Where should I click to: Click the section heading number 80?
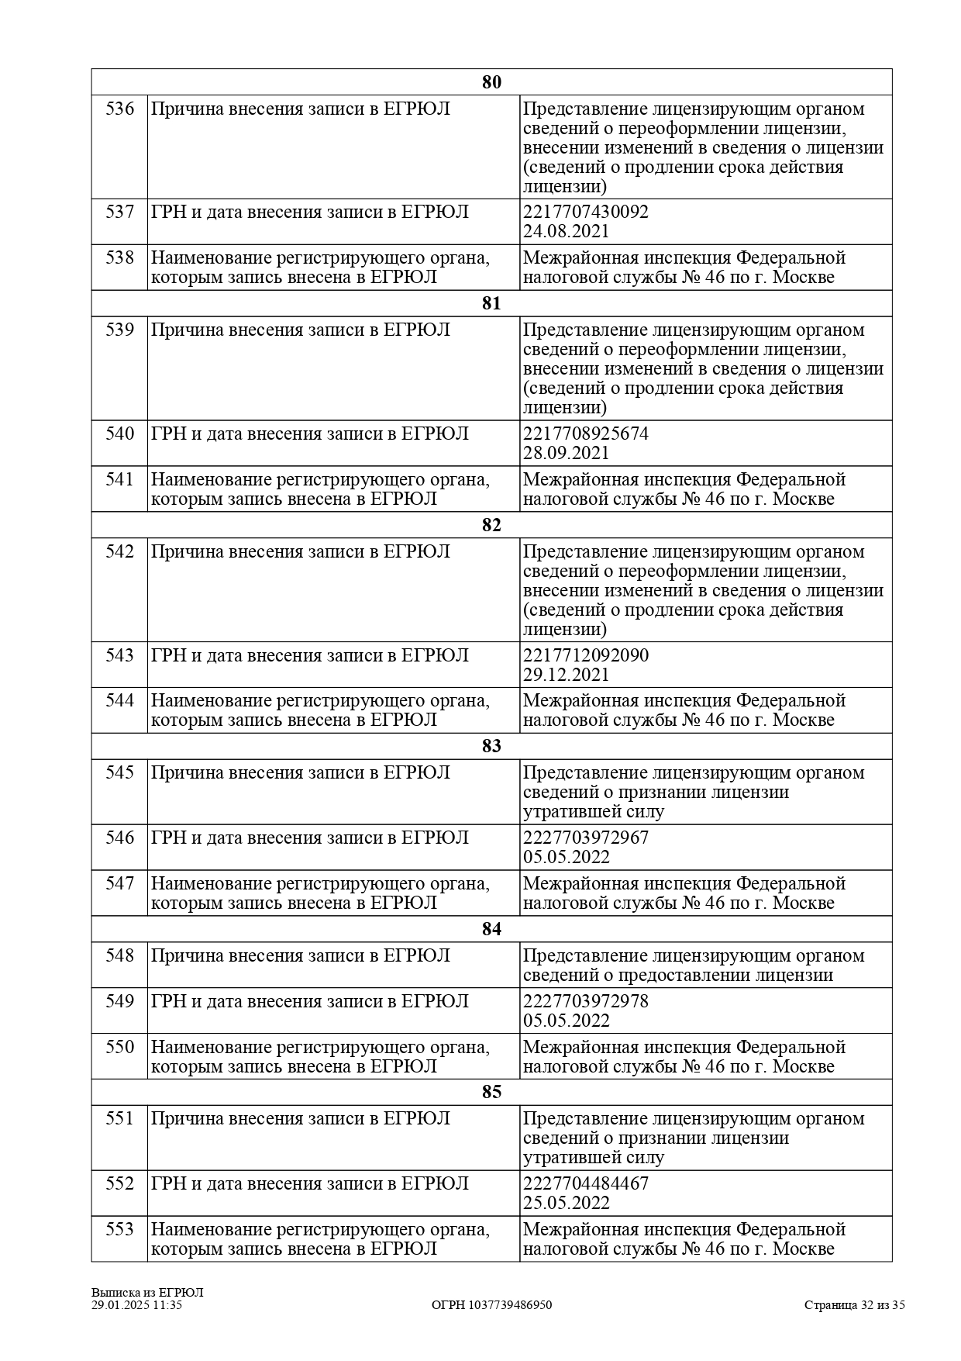491,82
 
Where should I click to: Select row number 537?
119,212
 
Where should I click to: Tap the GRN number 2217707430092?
586,212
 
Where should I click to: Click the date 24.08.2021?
567,231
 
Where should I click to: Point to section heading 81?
491,303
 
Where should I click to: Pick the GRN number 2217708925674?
586,434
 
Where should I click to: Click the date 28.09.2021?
567,453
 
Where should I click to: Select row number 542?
119,551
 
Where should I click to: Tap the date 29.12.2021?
567,675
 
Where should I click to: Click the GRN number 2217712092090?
586,655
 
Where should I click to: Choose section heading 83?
491,746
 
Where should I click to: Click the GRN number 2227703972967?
586,838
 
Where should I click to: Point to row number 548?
119,955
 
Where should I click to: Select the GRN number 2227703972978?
586,1001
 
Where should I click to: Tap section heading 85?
491,1092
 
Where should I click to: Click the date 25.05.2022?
567,1203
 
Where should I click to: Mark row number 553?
119,1229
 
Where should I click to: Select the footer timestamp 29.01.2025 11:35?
136,1305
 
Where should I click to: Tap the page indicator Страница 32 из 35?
854,1305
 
